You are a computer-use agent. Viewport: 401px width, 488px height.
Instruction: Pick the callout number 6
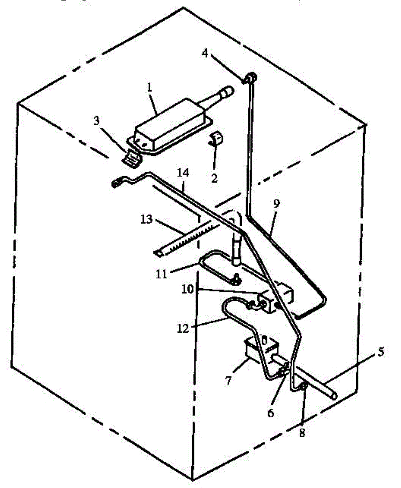[271, 413]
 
